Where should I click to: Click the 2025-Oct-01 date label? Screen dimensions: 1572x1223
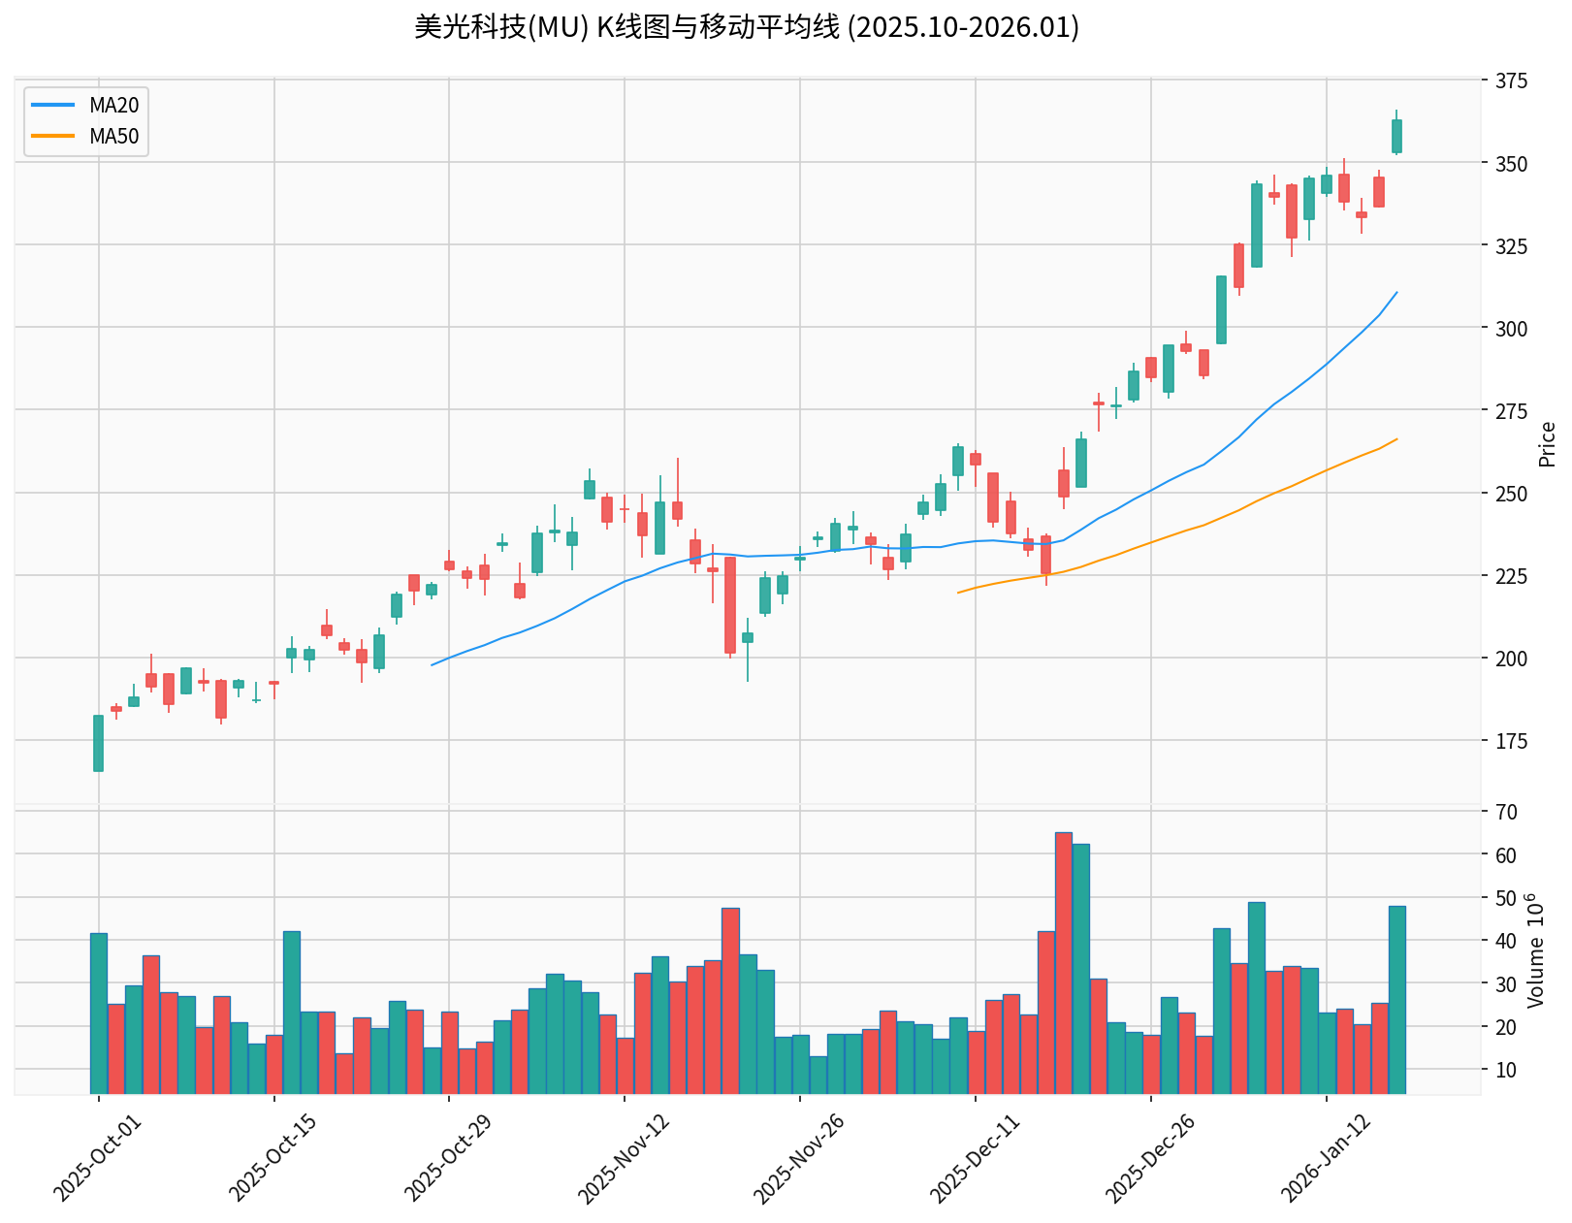pyautogui.click(x=97, y=1158)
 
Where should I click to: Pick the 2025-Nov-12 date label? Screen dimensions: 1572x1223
pyautogui.click(x=623, y=1158)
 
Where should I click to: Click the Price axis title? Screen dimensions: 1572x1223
pyautogui.click(x=1548, y=444)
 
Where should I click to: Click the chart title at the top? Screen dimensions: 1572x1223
pyautogui.click(x=747, y=27)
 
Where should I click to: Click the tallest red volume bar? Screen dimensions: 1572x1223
pyautogui.click(x=1063, y=963)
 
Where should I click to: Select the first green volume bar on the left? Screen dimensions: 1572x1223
pyautogui.click(x=98, y=1014)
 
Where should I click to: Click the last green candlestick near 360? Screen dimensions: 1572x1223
pyautogui.click(x=1396, y=136)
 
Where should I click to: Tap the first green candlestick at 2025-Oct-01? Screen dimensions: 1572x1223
pyautogui.click(x=98, y=743)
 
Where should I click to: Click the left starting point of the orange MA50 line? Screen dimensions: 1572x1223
pyautogui.click(x=958, y=593)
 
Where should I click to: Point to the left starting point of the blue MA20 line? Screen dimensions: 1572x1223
pyautogui.click(x=432, y=664)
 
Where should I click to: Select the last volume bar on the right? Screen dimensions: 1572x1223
pyautogui.click(x=1396, y=1000)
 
